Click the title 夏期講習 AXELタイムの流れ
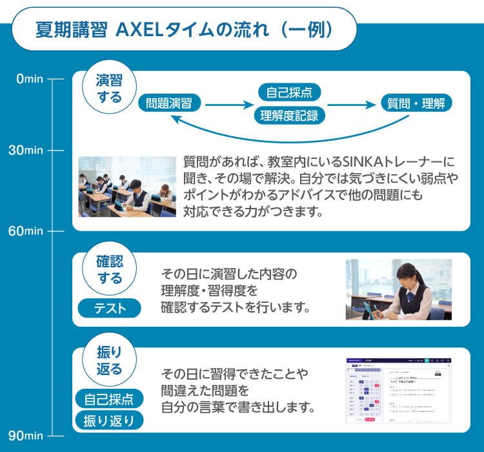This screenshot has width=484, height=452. point(183,30)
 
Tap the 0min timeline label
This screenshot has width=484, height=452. point(29,79)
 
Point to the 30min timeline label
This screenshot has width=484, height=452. point(26,150)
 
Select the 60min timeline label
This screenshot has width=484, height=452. point(26,231)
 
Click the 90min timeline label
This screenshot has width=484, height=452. point(26,435)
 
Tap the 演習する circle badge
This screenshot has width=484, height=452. point(108,88)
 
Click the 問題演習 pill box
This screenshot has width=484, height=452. point(169,103)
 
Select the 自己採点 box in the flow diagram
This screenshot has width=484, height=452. point(289,92)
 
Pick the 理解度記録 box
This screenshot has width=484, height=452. point(289,115)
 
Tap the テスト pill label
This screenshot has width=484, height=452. point(110,309)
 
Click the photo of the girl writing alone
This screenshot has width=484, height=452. point(398,289)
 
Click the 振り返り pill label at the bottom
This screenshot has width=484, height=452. point(109,421)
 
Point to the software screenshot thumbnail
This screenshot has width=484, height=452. point(398,390)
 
